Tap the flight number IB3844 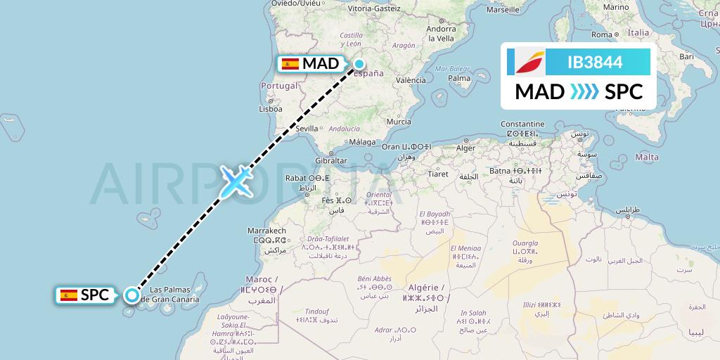pos(595,62)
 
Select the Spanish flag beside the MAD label pos(290,64)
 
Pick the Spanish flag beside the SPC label pos(69,295)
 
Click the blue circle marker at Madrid pos(359,64)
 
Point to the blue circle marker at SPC pos(131,295)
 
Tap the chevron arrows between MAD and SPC pos(584,92)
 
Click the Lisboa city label pos(271,109)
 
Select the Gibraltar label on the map pos(332,160)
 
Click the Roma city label pos(603,34)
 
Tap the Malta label pos(647,157)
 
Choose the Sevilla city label pos(307,129)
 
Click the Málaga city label pos(364,141)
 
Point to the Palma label pos(459,78)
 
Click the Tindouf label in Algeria pos(316,311)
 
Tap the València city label pos(411,80)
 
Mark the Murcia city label pos(399,122)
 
